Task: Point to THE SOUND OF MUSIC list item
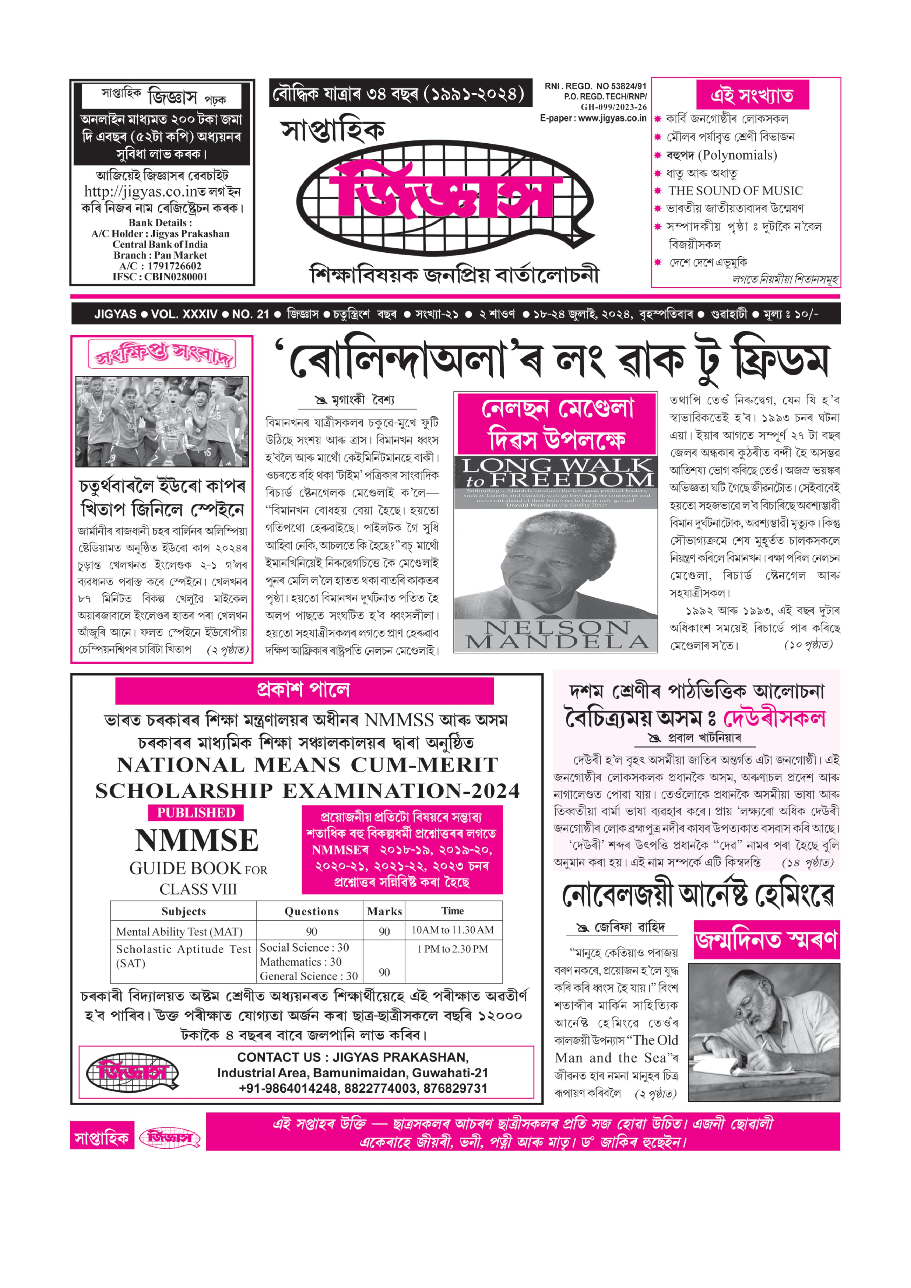(735, 191)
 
